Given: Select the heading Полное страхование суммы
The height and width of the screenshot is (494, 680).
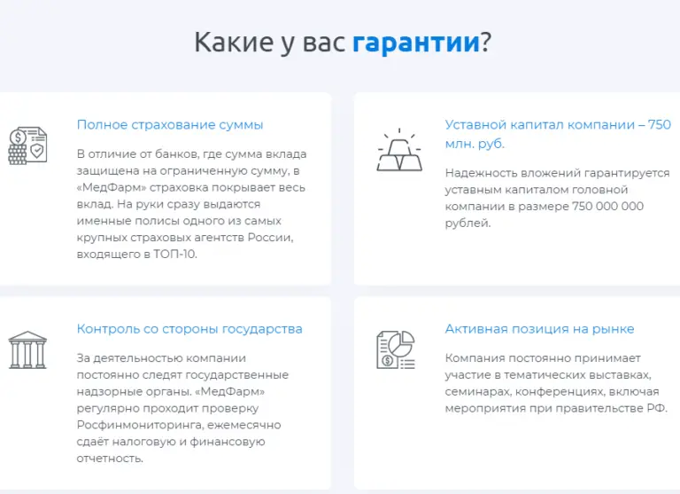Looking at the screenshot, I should (x=170, y=125).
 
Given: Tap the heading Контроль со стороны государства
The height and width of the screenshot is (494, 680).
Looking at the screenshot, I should (x=189, y=329).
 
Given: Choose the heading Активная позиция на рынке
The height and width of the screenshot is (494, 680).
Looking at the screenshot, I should (x=539, y=329).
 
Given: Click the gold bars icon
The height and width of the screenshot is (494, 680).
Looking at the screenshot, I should (x=399, y=152).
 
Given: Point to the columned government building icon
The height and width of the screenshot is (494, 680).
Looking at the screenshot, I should (x=27, y=350).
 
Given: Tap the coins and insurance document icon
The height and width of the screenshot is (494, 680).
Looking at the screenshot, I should (x=27, y=146).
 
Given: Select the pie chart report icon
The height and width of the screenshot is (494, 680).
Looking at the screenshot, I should (x=397, y=350).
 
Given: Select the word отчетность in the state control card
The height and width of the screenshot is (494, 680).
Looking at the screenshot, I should (x=110, y=459).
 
